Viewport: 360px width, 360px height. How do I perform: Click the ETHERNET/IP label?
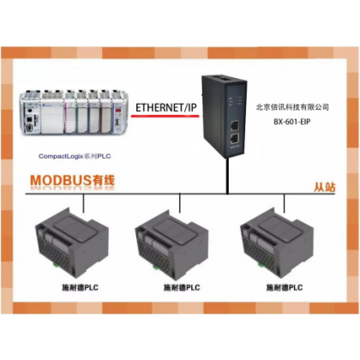[x=166, y=108]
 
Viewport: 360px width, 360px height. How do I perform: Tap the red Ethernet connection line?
[x=165, y=116]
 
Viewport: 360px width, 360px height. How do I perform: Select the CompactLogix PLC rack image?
[x=74, y=112]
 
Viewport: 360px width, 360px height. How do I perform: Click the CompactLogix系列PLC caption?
[x=75, y=156]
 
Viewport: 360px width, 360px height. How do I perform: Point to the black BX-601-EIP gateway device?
[x=224, y=117]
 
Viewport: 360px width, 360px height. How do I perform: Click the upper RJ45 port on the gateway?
[x=235, y=125]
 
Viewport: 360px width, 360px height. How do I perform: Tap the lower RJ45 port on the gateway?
[x=235, y=139]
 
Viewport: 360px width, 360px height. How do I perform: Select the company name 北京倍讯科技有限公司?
[x=292, y=107]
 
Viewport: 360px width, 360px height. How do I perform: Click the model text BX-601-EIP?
[x=292, y=122]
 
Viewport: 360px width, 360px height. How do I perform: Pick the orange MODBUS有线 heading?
[x=73, y=181]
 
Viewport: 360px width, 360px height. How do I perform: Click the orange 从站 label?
[x=325, y=187]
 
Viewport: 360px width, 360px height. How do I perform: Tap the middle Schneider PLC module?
[x=171, y=244]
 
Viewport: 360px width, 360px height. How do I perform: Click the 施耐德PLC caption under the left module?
[x=80, y=287]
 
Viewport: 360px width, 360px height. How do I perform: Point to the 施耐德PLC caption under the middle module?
[x=182, y=287]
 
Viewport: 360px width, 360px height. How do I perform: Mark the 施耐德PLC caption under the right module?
[x=285, y=287]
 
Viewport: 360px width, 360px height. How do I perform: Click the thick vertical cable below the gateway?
[x=227, y=176]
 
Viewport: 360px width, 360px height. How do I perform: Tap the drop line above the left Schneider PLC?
[x=83, y=203]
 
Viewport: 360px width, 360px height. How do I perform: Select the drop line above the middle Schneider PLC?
[x=180, y=203]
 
